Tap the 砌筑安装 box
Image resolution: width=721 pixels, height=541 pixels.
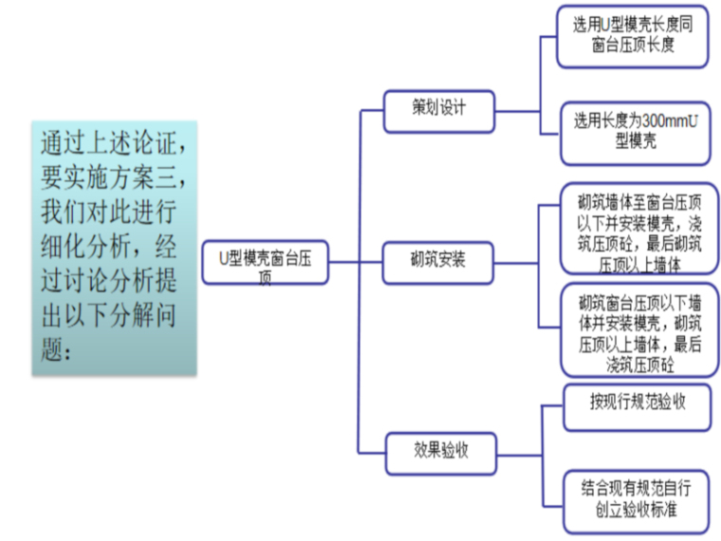(438, 259)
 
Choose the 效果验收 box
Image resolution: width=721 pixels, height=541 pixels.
(439, 450)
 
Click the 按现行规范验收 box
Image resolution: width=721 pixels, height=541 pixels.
(637, 402)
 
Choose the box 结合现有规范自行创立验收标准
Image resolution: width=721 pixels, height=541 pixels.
(637, 501)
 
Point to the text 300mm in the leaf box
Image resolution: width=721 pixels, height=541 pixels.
(656, 121)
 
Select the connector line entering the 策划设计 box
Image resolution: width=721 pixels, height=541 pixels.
(372, 109)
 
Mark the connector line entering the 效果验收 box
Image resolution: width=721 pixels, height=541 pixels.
(372, 450)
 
